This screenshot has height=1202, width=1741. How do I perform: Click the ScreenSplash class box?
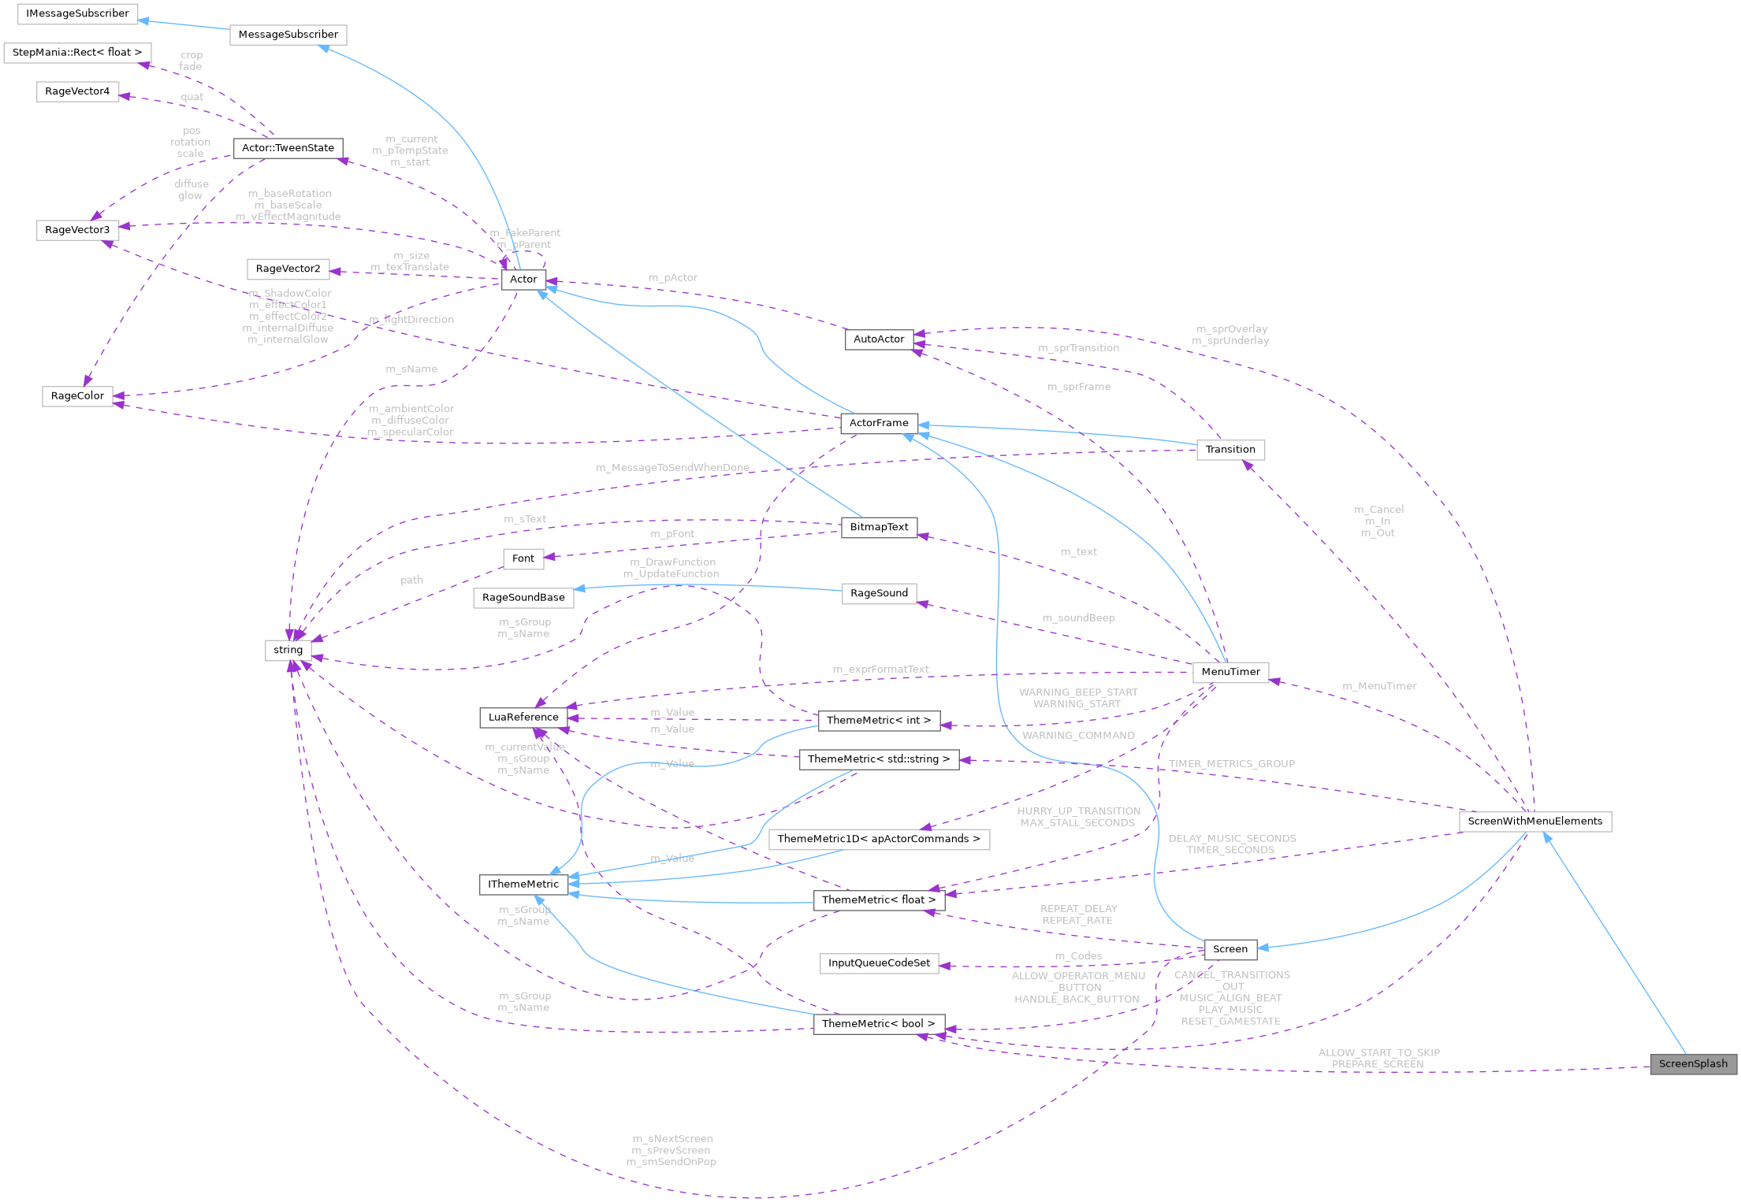pos(1693,1063)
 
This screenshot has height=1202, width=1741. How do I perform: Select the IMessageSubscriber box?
pos(77,13)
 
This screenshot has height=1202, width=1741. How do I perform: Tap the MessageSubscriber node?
pos(288,34)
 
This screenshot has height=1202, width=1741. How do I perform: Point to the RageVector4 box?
pos(77,91)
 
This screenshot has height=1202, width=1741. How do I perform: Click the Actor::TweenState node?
pos(288,148)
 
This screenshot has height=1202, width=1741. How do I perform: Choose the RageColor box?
pos(77,395)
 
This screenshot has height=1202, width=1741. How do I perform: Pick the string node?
pos(288,650)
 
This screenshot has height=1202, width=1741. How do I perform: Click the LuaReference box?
pos(523,717)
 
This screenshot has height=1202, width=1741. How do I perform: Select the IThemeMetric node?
pos(523,884)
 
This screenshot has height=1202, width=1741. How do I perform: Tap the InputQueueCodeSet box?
pos(879,963)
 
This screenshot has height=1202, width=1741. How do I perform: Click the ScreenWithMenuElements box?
pos(1535,821)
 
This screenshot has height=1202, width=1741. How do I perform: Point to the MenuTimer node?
pos(1230,672)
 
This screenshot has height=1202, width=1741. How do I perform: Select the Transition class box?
pos(1229,449)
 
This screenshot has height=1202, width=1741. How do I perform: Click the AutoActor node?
pos(879,339)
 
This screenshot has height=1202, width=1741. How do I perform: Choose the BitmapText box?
pos(879,527)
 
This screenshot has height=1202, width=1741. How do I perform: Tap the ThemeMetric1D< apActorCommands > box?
pos(879,839)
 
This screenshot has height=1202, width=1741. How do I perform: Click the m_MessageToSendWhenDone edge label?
pos(672,468)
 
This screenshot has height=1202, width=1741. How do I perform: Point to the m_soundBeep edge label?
pos(1078,618)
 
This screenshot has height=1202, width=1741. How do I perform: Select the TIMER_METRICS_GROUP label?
pos(1231,763)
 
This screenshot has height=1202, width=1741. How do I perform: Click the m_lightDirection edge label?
pos(411,319)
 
